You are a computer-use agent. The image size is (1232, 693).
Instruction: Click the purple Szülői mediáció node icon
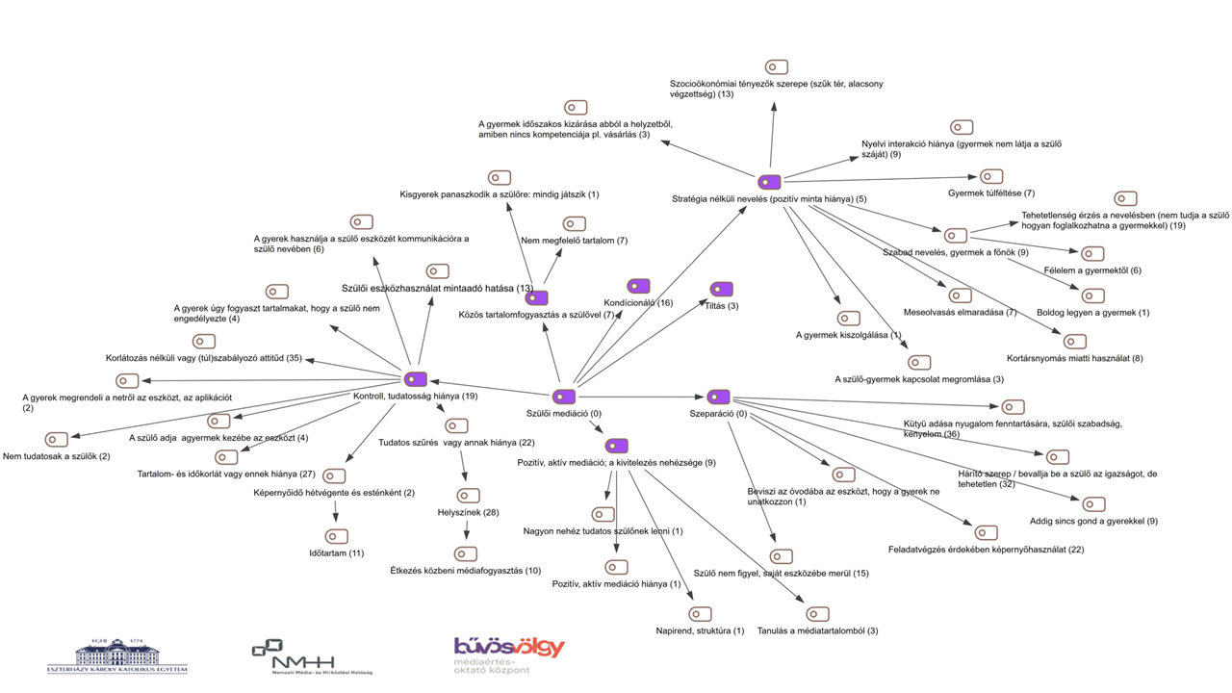(564, 397)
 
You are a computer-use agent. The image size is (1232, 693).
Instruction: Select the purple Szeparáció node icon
(718, 397)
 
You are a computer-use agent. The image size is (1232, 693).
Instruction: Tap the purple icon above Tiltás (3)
(721, 289)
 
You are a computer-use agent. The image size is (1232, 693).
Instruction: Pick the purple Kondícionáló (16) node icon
(638, 286)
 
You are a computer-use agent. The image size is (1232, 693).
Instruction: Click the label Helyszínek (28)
(468, 513)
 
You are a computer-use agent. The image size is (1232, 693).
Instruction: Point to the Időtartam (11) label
(336, 553)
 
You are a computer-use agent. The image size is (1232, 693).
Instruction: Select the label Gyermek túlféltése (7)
(991, 193)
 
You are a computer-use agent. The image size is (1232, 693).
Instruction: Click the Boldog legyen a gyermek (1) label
(1092, 313)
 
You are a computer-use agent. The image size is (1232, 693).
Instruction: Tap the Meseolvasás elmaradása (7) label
(960, 313)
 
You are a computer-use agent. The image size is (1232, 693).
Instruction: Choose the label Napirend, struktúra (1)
(700, 631)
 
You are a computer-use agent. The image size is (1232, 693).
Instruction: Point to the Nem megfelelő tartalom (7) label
(574, 241)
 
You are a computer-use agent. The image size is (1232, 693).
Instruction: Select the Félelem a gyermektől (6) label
(1092, 271)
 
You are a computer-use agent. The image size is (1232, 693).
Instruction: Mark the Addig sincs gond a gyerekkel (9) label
(1093, 522)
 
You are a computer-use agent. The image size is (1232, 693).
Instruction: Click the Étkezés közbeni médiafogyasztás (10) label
(465, 572)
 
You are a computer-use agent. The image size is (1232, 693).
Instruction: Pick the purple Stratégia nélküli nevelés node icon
(769, 182)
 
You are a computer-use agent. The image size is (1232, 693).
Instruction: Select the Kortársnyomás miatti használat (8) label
(1074, 359)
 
